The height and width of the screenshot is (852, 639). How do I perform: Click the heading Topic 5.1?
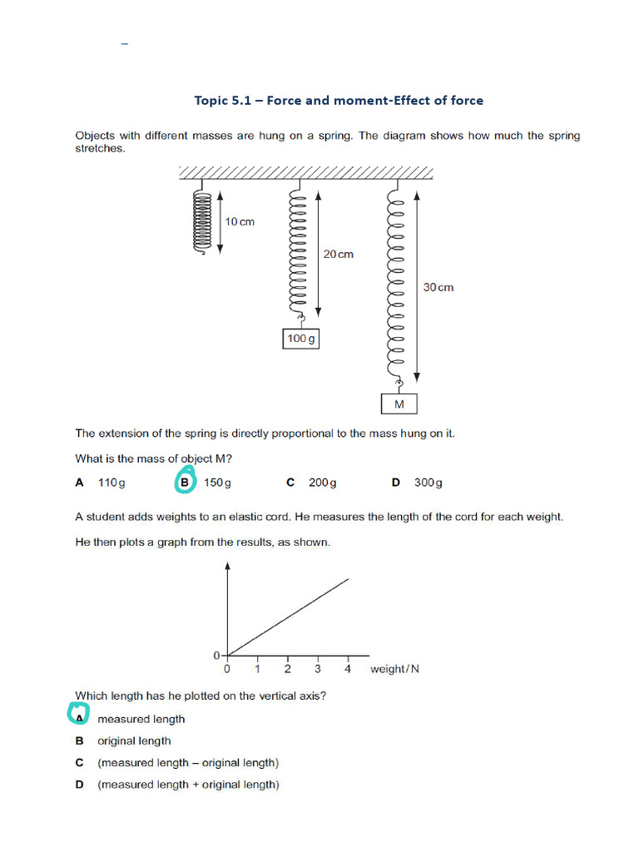coord(338,101)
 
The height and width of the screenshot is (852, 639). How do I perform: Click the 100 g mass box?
coord(301,339)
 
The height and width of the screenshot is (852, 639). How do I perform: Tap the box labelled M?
coord(399,404)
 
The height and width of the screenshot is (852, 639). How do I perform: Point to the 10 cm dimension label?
coord(240,222)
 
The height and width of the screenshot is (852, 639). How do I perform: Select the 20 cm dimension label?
coord(338,254)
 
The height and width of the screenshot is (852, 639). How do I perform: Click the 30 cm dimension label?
coord(438,287)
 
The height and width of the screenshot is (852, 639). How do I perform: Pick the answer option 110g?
coord(111,483)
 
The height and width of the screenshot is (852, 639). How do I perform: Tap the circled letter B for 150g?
coord(185,482)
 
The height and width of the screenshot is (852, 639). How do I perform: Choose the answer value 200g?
coord(322,483)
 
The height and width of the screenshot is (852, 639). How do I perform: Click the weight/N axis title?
coord(394,669)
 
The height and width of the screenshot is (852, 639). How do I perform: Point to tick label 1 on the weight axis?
coord(257,669)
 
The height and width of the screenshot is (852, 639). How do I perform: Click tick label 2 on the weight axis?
coord(287,669)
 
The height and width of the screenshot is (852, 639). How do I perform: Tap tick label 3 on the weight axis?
coord(317,669)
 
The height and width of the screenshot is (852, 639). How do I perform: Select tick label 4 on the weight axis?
coord(348,669)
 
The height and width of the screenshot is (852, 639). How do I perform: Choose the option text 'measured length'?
coord(141,719)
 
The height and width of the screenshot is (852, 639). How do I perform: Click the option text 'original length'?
coord(134,741)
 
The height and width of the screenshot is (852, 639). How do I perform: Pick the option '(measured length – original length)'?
coord(188,762)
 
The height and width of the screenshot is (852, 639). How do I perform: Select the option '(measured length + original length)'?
coord(188,785)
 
